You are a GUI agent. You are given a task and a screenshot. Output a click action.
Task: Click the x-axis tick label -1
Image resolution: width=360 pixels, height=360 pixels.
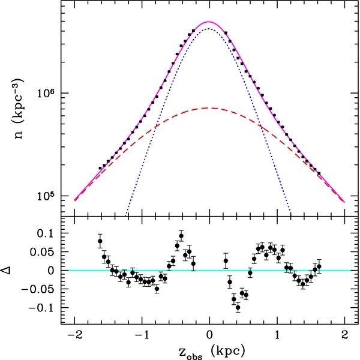(140, 334)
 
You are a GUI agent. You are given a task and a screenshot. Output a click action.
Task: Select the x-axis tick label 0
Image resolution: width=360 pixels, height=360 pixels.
(209, 334)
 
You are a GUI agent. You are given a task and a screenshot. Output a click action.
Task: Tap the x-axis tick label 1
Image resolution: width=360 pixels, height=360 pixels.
(277, 334)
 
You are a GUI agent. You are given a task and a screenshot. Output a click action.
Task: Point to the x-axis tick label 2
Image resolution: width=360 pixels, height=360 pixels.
(345, 334)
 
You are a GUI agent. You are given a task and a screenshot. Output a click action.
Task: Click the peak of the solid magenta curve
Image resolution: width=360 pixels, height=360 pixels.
(209, 22)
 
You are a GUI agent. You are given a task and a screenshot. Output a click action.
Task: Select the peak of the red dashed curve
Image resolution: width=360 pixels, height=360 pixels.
(209, 108)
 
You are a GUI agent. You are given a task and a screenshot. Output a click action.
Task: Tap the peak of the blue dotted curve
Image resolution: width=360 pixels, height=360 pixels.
(209, 29)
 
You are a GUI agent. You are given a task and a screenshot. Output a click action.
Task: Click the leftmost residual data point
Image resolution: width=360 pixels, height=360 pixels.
(100, 241)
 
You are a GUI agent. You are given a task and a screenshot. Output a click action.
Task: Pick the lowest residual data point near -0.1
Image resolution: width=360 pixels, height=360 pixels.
(238, 307)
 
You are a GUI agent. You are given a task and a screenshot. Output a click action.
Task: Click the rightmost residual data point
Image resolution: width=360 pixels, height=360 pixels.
(319, 266)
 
